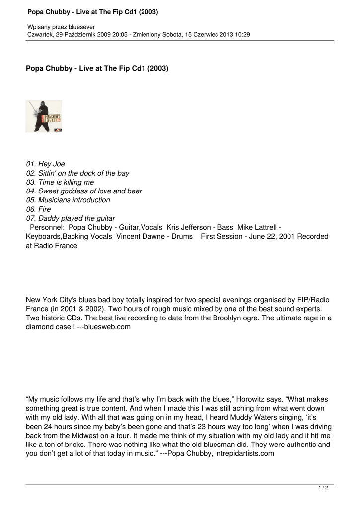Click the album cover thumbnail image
[44, 117]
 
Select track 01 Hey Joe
[45, 164]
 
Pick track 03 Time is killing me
[60, 182]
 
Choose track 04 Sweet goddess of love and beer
[83, 191]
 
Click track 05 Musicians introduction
[68, 200]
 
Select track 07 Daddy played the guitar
[70, 218]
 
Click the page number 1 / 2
[323, 488]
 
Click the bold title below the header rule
[97, 68]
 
